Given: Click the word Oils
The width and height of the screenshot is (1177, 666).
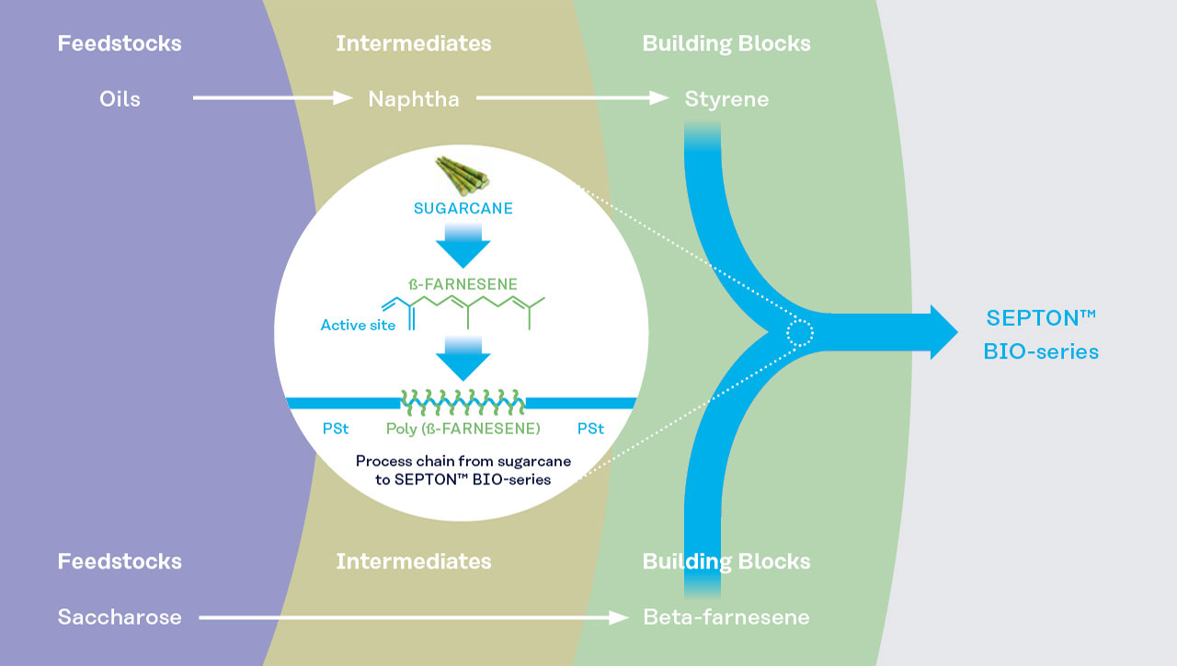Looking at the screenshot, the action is click(x=120, y=98).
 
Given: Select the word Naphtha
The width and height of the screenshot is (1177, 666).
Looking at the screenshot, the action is click(x=414, y=99).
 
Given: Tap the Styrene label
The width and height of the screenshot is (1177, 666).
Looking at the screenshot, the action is click(x=726, y=99).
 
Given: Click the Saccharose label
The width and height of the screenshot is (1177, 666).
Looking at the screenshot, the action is click(x=120, y=617).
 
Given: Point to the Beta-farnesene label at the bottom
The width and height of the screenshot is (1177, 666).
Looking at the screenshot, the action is click(x=726, y=617).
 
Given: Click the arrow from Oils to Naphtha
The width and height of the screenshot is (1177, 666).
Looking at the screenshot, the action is click(x=273, y=98).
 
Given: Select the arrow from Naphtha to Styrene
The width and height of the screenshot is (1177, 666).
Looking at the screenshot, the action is click(x=572, y=98).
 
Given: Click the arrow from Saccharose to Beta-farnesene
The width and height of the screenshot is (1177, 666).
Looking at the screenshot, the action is click(x=414, y=617).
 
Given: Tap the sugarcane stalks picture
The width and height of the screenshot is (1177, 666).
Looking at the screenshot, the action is click(x=463, y=176).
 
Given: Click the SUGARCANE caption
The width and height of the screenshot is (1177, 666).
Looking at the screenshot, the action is click(x=463, y=208).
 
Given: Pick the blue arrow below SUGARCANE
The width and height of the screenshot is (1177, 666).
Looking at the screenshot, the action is click(x=463, y=246).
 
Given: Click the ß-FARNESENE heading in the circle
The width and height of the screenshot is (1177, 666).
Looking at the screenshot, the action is click(x=463, y=284).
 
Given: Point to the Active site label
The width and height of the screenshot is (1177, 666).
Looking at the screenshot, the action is click(x=358, y=325).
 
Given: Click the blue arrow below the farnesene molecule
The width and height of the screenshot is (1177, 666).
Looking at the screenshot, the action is click(x=463, y=359).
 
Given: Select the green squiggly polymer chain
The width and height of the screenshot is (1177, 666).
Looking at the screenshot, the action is click(x=463, y=403).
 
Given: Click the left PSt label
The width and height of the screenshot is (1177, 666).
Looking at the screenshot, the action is click(x=336, y=429).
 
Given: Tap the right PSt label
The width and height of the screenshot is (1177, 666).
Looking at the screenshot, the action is click(x=590, y=429).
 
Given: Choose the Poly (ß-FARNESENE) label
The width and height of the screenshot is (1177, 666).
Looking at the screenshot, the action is click(x=463, y=429).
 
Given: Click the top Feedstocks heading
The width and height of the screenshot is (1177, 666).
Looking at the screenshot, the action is click(x=120, y=43).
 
